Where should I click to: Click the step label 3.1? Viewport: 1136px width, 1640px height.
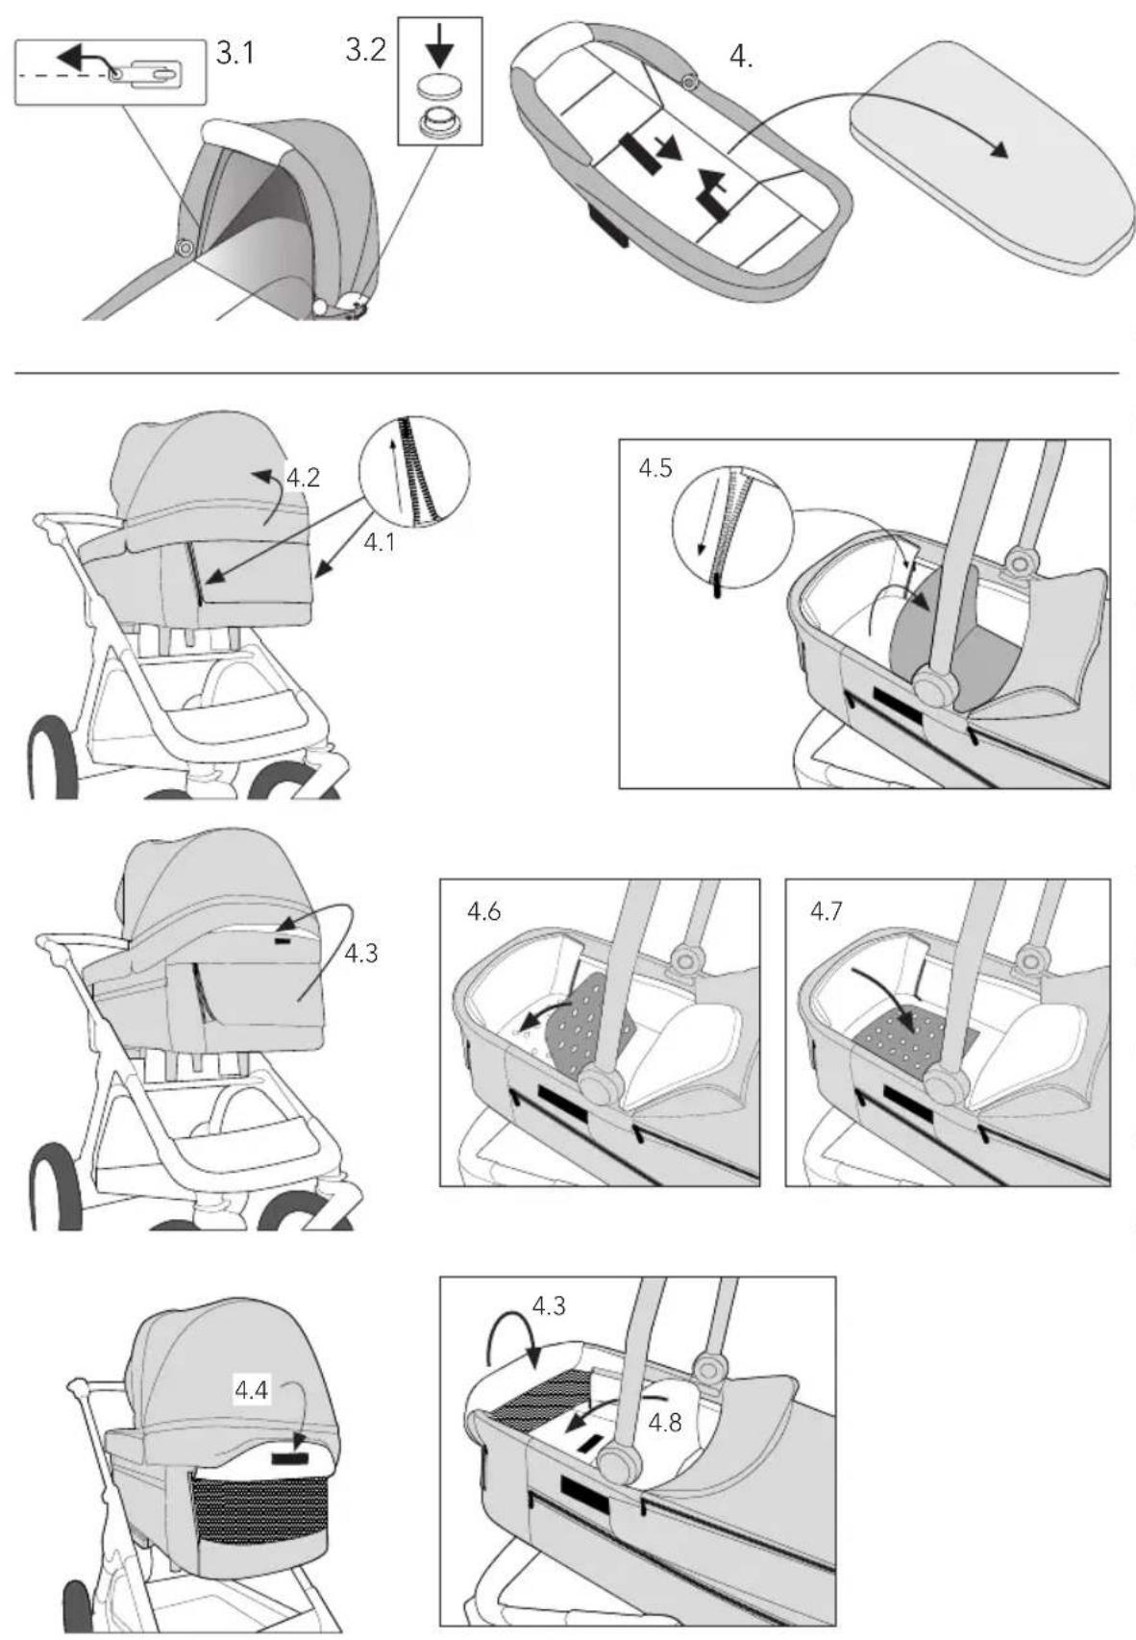tap(235, 54)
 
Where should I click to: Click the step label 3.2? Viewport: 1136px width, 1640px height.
tap(365, 50)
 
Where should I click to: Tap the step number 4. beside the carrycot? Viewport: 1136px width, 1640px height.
tap(741, 57)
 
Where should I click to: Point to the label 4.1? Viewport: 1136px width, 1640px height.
tap(380, 542)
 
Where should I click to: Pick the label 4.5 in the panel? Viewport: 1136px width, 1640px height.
tap(655, 468)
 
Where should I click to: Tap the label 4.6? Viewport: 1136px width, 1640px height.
tap(483, 912)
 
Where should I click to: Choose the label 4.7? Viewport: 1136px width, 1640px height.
tap(827, 912)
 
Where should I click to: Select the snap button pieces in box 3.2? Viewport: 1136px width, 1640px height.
tap(440, 106)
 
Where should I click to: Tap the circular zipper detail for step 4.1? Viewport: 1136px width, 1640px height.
tap(415, 472)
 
